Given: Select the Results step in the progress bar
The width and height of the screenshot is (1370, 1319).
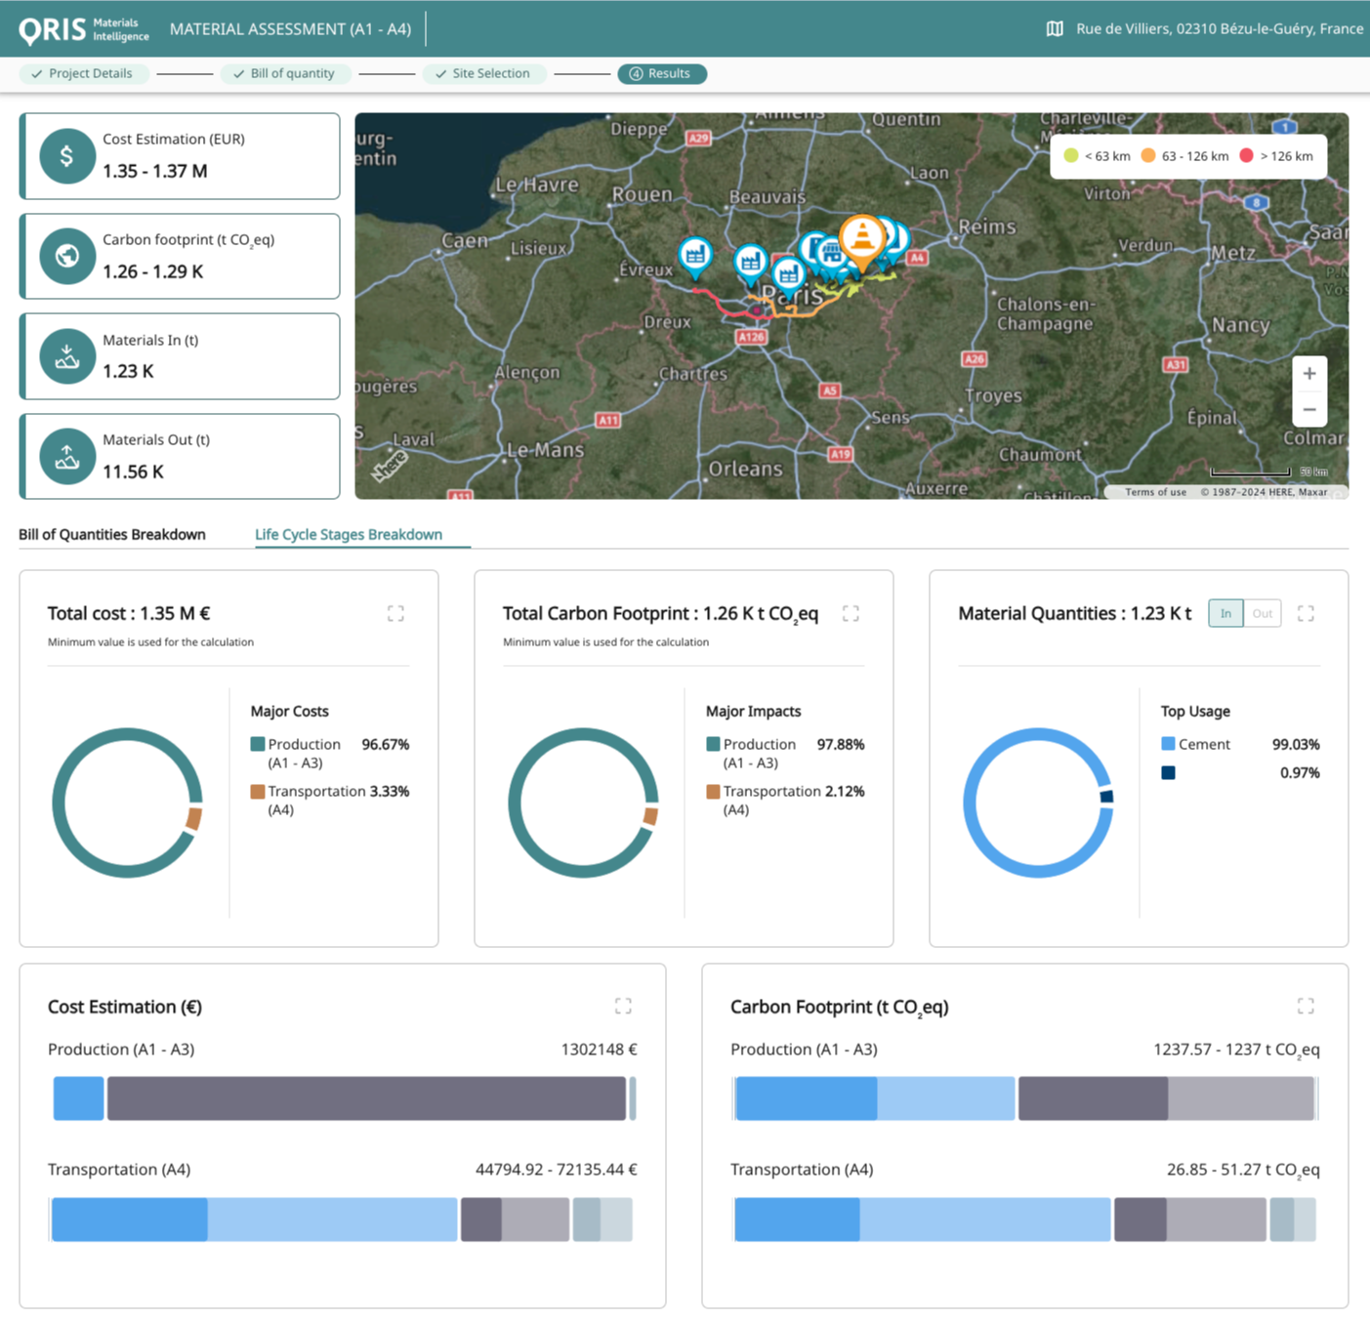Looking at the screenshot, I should (x=662, y=74).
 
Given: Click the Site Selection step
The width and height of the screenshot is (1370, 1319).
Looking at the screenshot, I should (x=483, y=74).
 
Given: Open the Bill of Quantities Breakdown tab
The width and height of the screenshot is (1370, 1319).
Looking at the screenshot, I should (x=112, y=534).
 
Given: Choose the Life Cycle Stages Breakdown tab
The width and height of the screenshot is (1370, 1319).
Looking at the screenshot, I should (x=349, y=534).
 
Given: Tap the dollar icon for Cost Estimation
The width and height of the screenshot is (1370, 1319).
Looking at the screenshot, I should (x=66, y=156).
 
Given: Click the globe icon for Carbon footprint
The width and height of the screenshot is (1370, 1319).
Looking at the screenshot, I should (x=66, y=256).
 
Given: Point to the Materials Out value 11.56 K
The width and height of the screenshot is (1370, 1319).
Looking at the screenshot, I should (x=133, y=472).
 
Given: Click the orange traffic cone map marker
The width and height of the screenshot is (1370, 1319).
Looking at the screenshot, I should (x=862, y=237).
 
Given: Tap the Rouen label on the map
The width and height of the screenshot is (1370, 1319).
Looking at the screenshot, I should (x=642, y=194).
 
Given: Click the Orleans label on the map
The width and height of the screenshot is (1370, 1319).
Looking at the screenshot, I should (x=745, y=469).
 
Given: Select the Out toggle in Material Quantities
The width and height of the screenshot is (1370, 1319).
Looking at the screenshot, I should (x=1262, y=613).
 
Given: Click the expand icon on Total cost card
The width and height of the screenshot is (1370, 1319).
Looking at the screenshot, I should (x=395, y=613).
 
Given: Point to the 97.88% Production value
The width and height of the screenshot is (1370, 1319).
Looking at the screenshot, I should (x=840, y=744).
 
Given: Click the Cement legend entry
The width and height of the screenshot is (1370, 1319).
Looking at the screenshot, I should (x=1203, y=744).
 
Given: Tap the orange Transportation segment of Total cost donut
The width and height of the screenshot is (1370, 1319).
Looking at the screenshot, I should (x=194, y=818).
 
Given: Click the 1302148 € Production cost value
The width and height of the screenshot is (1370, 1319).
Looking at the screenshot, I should (x=599, y=1050).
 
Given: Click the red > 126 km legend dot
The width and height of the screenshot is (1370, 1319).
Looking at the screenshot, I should (x=1246, y=156).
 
